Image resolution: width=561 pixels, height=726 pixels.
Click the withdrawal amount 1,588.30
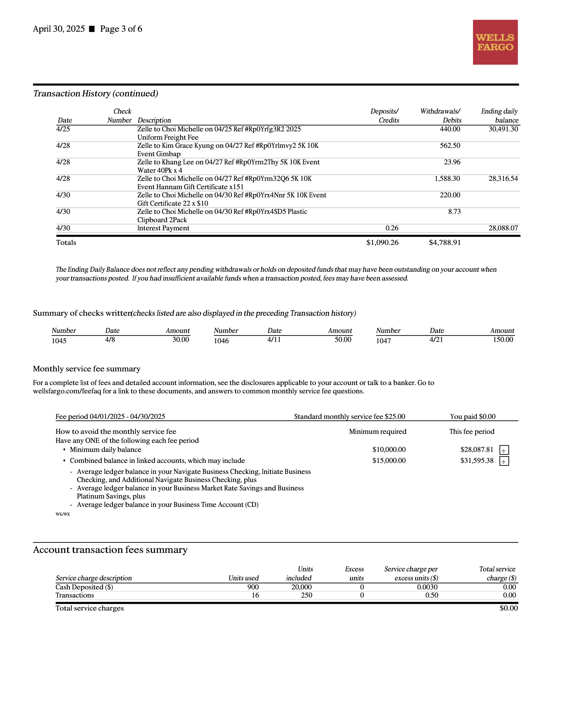pyautogui.click(x=447, y=178)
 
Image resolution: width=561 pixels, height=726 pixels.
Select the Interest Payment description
pyautogui.click(x=163, y=228)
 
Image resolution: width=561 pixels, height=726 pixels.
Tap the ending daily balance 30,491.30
pyautogui.click(x=503, y=129)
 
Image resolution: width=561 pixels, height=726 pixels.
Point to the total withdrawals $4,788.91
pyautogui.click(x=444, y=243)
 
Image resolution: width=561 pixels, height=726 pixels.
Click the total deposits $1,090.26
pyautogui.click(x=382, y=243)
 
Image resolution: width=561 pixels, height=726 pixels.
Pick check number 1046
pyautogui.click(x=221, y=341)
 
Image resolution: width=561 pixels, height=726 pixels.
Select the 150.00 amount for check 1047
pyautogui.click(x=503, y=339)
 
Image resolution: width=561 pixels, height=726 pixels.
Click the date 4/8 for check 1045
pyautogui.click(x=110, y=339)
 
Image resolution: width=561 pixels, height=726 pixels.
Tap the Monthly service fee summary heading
pyautogui.click(x=86, y=369)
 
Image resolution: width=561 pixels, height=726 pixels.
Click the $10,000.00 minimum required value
pyautogui.click(x=389, y=449)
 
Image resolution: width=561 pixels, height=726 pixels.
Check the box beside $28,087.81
pyautogui.click(x=504, y=450)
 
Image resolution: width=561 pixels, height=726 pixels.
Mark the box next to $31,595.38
pyautogui.click(x=504, y=461)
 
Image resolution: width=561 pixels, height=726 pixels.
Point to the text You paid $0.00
pyautogui.click(x=473, y=416)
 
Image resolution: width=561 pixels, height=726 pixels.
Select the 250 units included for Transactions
pyautogui.click(x=306, y=595)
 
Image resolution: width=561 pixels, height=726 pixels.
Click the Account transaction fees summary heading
pyautogui.click(x=110, y=550)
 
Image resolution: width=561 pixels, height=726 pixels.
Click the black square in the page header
pyautogui.click(x=92, y=29)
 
